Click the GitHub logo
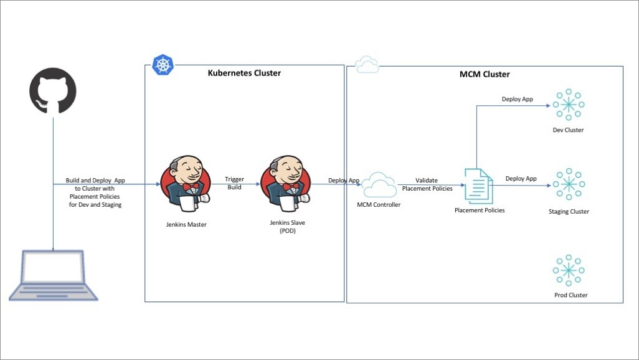pos(53,91)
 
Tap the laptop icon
pos(53,276)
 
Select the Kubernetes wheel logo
pos(163,65)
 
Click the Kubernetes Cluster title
pos(244,73)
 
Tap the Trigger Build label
pos(235,183)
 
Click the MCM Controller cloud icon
pos(379,184)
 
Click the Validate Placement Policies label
pos(427,184)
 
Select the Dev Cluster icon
pos(568,105)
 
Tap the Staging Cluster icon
pos(568,184)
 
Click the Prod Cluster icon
pos(568,270)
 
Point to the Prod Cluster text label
pos(570,295)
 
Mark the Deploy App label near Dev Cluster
pos(518,99)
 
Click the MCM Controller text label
pos(379,204)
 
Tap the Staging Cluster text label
pos(569,212)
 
